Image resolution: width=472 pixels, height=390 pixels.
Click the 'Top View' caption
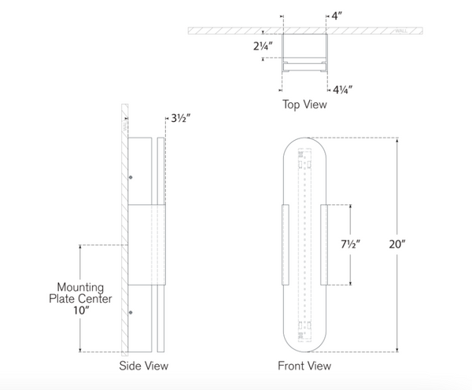pyautogui.click(x=304, y=103)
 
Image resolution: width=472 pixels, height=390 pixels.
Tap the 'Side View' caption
pyautogui.click(x=143, y=366)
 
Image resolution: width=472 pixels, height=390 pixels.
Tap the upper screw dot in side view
pyautogui.click(x=131, y=178)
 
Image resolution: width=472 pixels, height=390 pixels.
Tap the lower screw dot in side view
pyautogui.click(x=131, y=313)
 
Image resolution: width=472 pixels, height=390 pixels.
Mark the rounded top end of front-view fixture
pyautogui.click(x=304, y=144)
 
